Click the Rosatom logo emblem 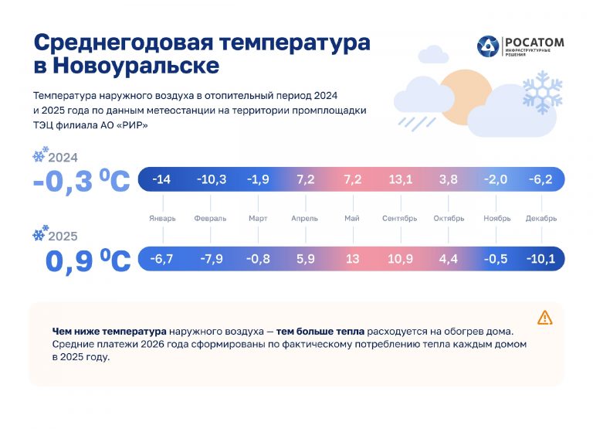pos(488,46)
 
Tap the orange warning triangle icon pos(545,317)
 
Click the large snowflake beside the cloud pos(542,92)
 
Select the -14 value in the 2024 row pos(161,179)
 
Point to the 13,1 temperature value pos(400,179)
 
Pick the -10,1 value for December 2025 pos(540,258)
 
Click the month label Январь pos(162,219)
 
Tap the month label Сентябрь pos(400,219)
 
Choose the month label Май pos(352,219)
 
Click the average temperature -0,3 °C pos(81,182)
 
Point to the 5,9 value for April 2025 pos(305,258)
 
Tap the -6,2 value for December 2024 pos(540,179)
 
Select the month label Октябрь pos(449,219)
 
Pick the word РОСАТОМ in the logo pos(534,43)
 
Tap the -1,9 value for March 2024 pos(257,179)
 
